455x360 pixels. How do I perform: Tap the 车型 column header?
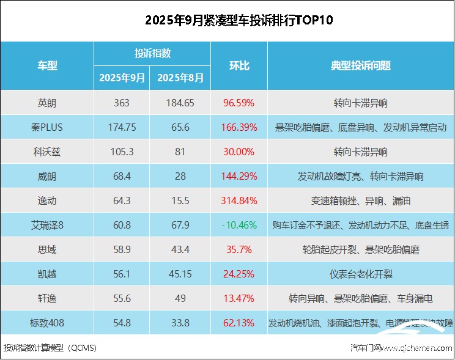point(47,66)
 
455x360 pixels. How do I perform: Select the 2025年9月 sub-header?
point(122,78)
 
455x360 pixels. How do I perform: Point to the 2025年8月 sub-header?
point(180,78)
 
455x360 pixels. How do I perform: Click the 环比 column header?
point(239,66)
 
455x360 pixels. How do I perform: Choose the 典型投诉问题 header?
point(361,66)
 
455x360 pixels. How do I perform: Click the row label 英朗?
point(47,103)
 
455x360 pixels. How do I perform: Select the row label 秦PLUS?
point(47,127)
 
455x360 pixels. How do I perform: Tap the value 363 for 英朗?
point(122,103)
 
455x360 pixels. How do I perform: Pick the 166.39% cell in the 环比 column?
point(239,127)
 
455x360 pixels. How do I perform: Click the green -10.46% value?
point(239,225)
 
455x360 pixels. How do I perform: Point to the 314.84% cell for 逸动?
point(239,200)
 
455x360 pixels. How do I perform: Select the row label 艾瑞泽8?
point(47,225)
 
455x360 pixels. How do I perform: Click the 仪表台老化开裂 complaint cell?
point(361,274)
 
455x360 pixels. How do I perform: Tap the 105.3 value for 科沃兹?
point(122,152)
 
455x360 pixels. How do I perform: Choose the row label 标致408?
point(47,323)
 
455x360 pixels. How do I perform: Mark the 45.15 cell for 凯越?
point(180,274)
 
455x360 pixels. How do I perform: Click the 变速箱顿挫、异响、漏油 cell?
point(361,200)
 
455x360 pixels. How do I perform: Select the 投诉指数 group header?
point(152,53)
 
